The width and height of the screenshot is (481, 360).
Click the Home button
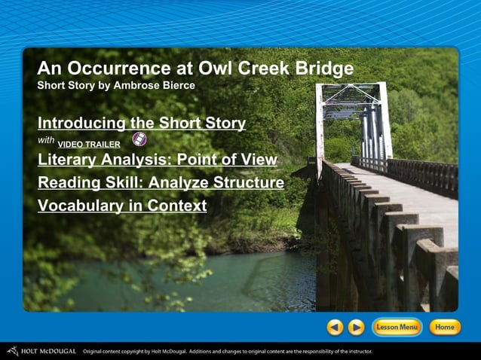[444, 327]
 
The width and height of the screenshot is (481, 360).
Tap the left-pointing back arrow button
[335, 327]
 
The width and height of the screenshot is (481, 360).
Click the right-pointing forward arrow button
[356, 327]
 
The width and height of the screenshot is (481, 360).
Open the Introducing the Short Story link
[142, 123]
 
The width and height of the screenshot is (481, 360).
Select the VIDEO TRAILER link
[89, 144]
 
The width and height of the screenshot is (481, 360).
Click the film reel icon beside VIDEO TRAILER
[139, 139]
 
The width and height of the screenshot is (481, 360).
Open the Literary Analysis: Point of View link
[158, 160]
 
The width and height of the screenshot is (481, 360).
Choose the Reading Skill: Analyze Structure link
[161, 182]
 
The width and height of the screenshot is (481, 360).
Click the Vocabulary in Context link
[122, 205]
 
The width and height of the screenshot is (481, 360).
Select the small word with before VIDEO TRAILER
[45, 141]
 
